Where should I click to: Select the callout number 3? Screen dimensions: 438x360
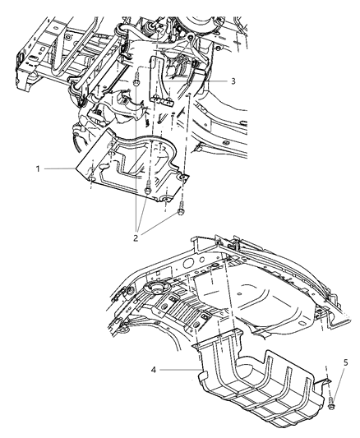point(234,82)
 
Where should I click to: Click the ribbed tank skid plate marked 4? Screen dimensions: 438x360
point(255,386)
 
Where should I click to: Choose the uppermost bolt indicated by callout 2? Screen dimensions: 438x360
point(134,81)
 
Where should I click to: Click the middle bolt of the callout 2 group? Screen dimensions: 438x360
point(146,190)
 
